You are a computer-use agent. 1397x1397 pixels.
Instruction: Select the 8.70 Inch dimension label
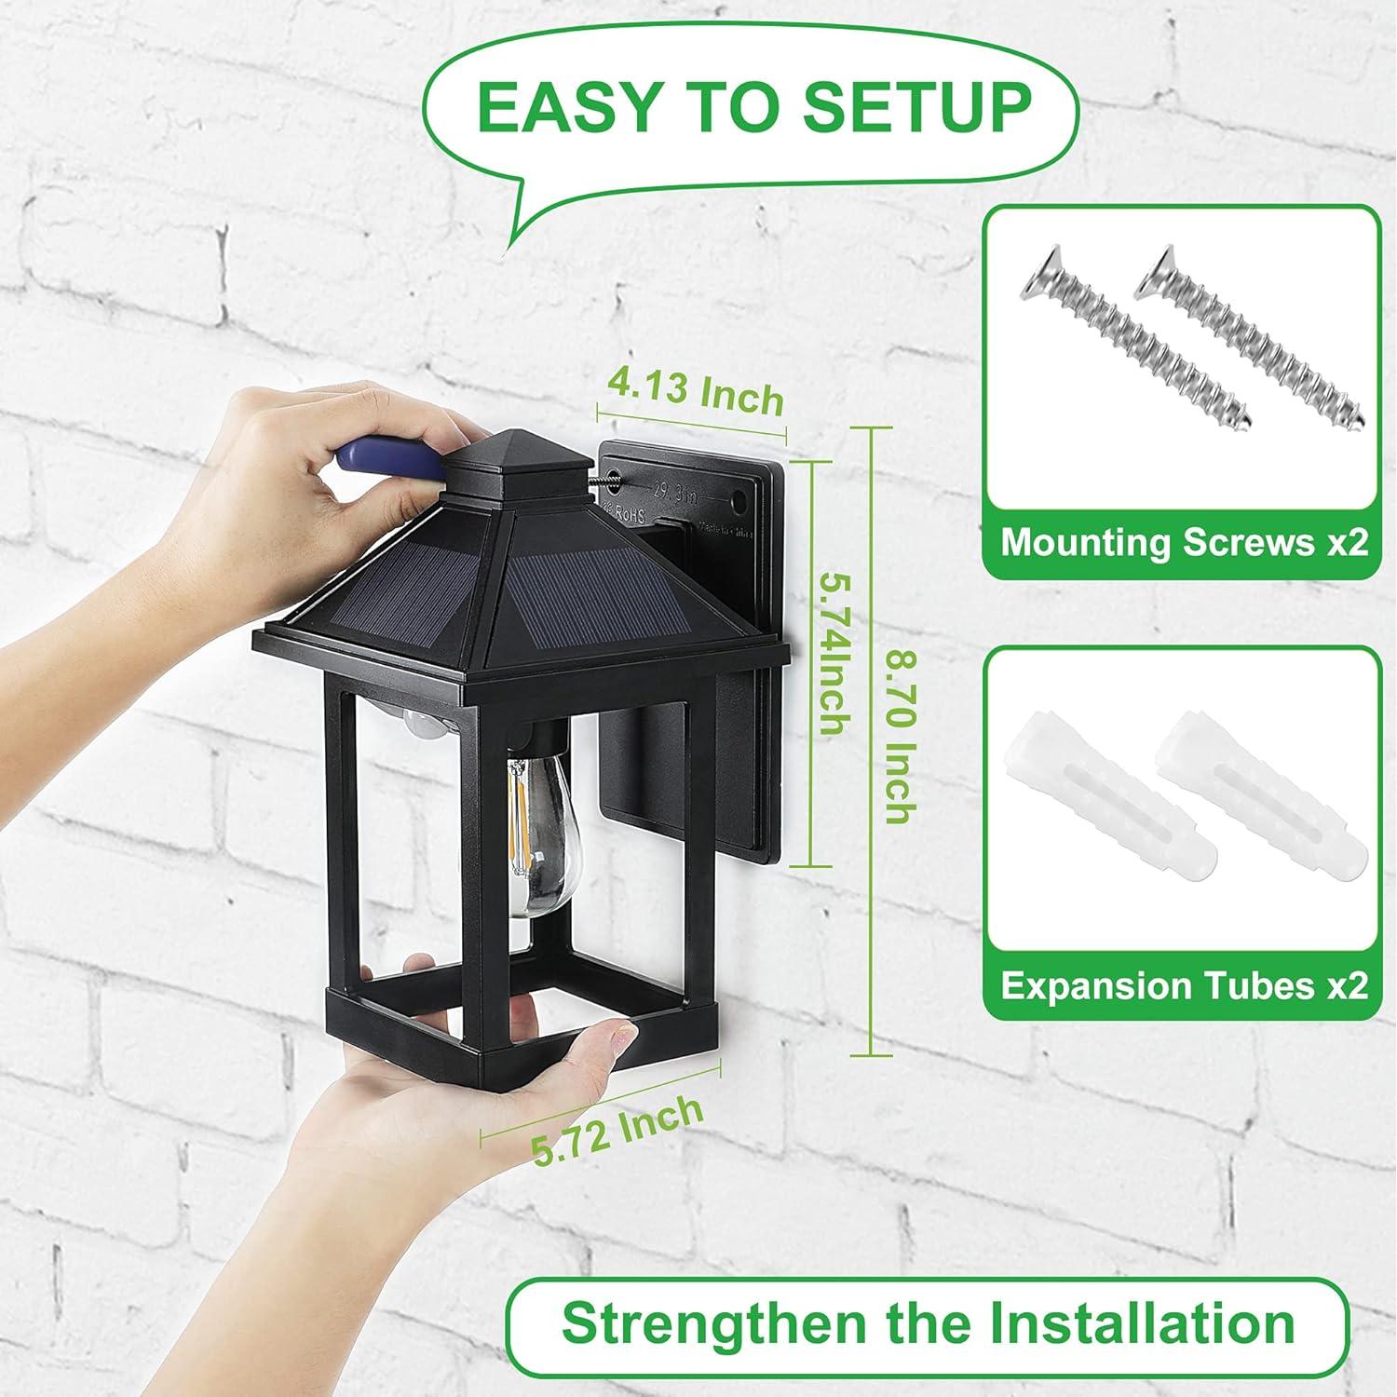coord(899,736)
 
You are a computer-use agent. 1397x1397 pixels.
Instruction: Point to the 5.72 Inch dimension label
coord(617,1129)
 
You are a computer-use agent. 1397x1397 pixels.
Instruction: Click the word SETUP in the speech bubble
coord(916,106)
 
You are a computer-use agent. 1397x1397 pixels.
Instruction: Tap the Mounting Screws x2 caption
coord(1183,542)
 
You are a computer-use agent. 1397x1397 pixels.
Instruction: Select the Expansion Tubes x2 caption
coord(1183,985)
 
